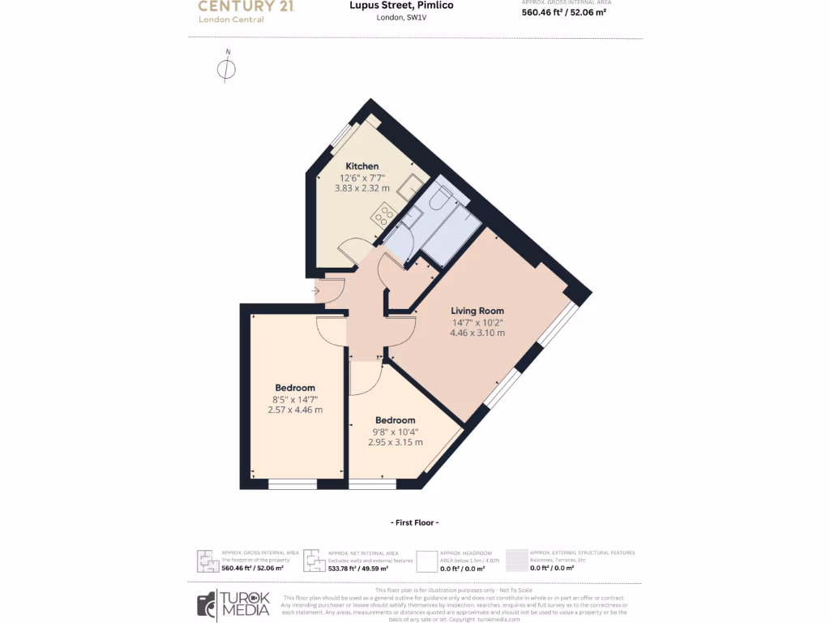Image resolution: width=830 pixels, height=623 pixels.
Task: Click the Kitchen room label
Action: [x=362, y=166]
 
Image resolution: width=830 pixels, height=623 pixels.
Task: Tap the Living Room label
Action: [x=477, y=311]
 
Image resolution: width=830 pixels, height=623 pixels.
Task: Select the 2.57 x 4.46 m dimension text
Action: [x=295, y=410]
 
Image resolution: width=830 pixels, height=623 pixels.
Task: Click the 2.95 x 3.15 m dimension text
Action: [x=396, y=442]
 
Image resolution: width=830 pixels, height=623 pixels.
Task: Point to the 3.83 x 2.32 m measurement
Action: [x=362, y=188]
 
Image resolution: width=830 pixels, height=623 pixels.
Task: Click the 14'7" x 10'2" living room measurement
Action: [x=477, y=322]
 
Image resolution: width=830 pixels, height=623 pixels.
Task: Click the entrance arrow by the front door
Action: [x=314, y=290]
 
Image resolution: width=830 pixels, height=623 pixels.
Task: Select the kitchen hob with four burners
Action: [x=383, y=216]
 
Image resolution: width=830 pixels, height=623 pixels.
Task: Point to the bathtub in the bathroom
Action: [x=451, y=235]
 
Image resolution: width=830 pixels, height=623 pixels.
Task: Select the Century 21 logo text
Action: [x=246, y=6]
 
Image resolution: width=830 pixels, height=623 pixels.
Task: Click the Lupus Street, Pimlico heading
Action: [x=413, y=6]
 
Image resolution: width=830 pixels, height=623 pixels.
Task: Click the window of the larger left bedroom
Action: [x=293, y=484]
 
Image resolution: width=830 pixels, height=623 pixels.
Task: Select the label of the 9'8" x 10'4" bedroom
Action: [x=396, y=420]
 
